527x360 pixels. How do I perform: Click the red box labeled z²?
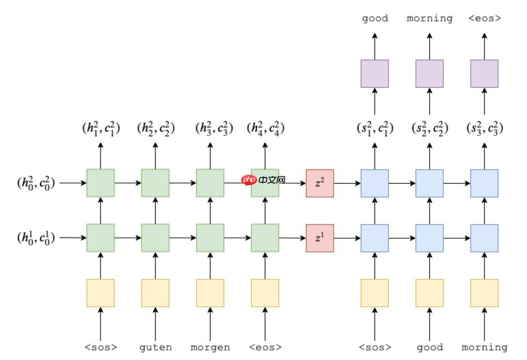(320, 183)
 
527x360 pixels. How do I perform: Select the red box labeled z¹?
(320, 238)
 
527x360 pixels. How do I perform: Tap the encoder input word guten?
(155, 347)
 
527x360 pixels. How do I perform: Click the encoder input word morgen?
(210, 347)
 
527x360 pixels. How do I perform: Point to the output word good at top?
(375, 18)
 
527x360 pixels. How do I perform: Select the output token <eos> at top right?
(485, 18)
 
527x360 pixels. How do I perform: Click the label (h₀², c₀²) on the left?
(36, 183)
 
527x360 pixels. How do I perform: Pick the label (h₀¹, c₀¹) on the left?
(36, 238)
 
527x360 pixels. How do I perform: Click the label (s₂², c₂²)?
(430, 129)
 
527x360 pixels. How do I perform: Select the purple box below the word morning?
(429, 73)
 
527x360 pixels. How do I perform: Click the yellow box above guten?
(155, 293)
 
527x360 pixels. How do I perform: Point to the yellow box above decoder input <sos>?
(375, 293)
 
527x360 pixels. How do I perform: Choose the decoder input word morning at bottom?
(485, 347)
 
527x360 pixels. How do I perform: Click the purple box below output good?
(375, 73)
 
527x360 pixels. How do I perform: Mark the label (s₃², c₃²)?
(485, 129)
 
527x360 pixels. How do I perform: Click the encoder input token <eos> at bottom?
(265, 347)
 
